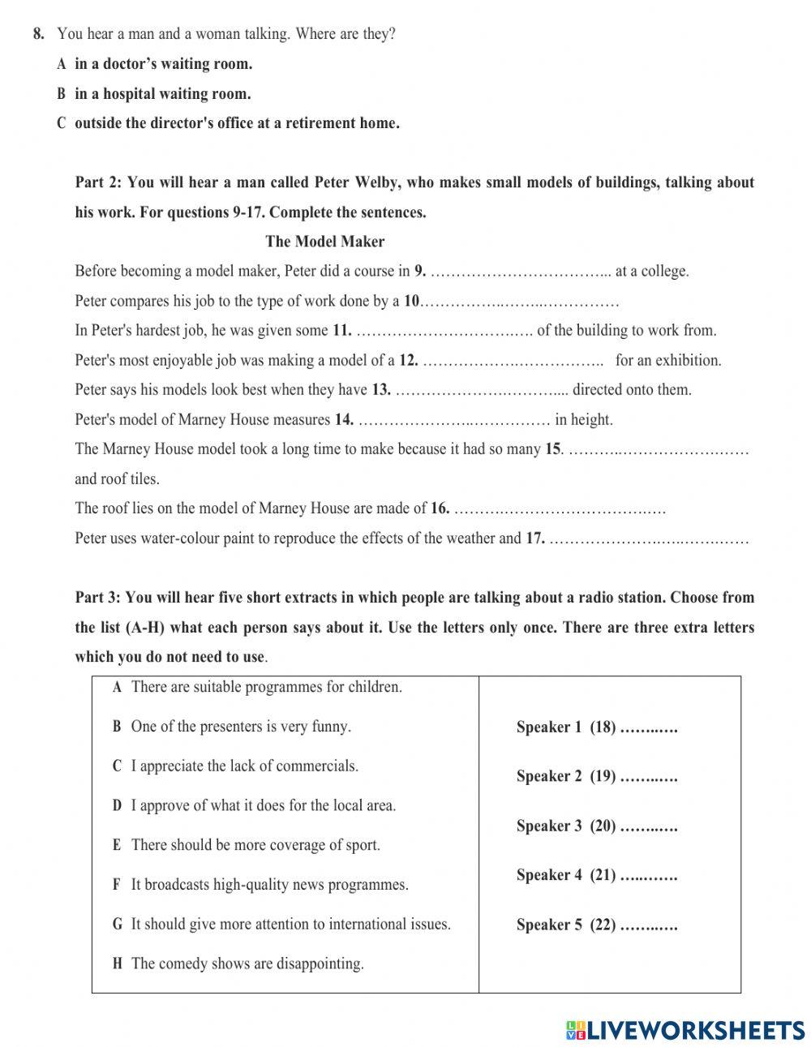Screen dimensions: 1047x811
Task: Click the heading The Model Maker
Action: pyautogui.click(x=324, y=242)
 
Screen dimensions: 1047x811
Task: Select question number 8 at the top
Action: pyautogui.click(x=38, y=34)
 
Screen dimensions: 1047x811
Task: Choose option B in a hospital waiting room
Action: pyautogui.click(x=162, y=94)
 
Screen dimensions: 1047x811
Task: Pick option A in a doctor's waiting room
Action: pyautogui.click(x=163, y=64)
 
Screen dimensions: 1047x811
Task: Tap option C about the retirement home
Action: pyautogui.click(x=236, y=124)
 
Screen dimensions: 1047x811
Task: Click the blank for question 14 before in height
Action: pyautogui.click(x=454, y=421)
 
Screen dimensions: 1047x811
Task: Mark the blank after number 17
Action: pyautogui.click(x=649, y=539)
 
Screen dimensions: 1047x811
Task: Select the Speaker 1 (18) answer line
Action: pyautogui.click(x=649, y=727)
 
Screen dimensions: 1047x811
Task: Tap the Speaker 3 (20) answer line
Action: pyautogui.click(x=649, y=826)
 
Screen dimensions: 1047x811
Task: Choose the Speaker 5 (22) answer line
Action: pyautogui.click(x=649, y=925)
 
